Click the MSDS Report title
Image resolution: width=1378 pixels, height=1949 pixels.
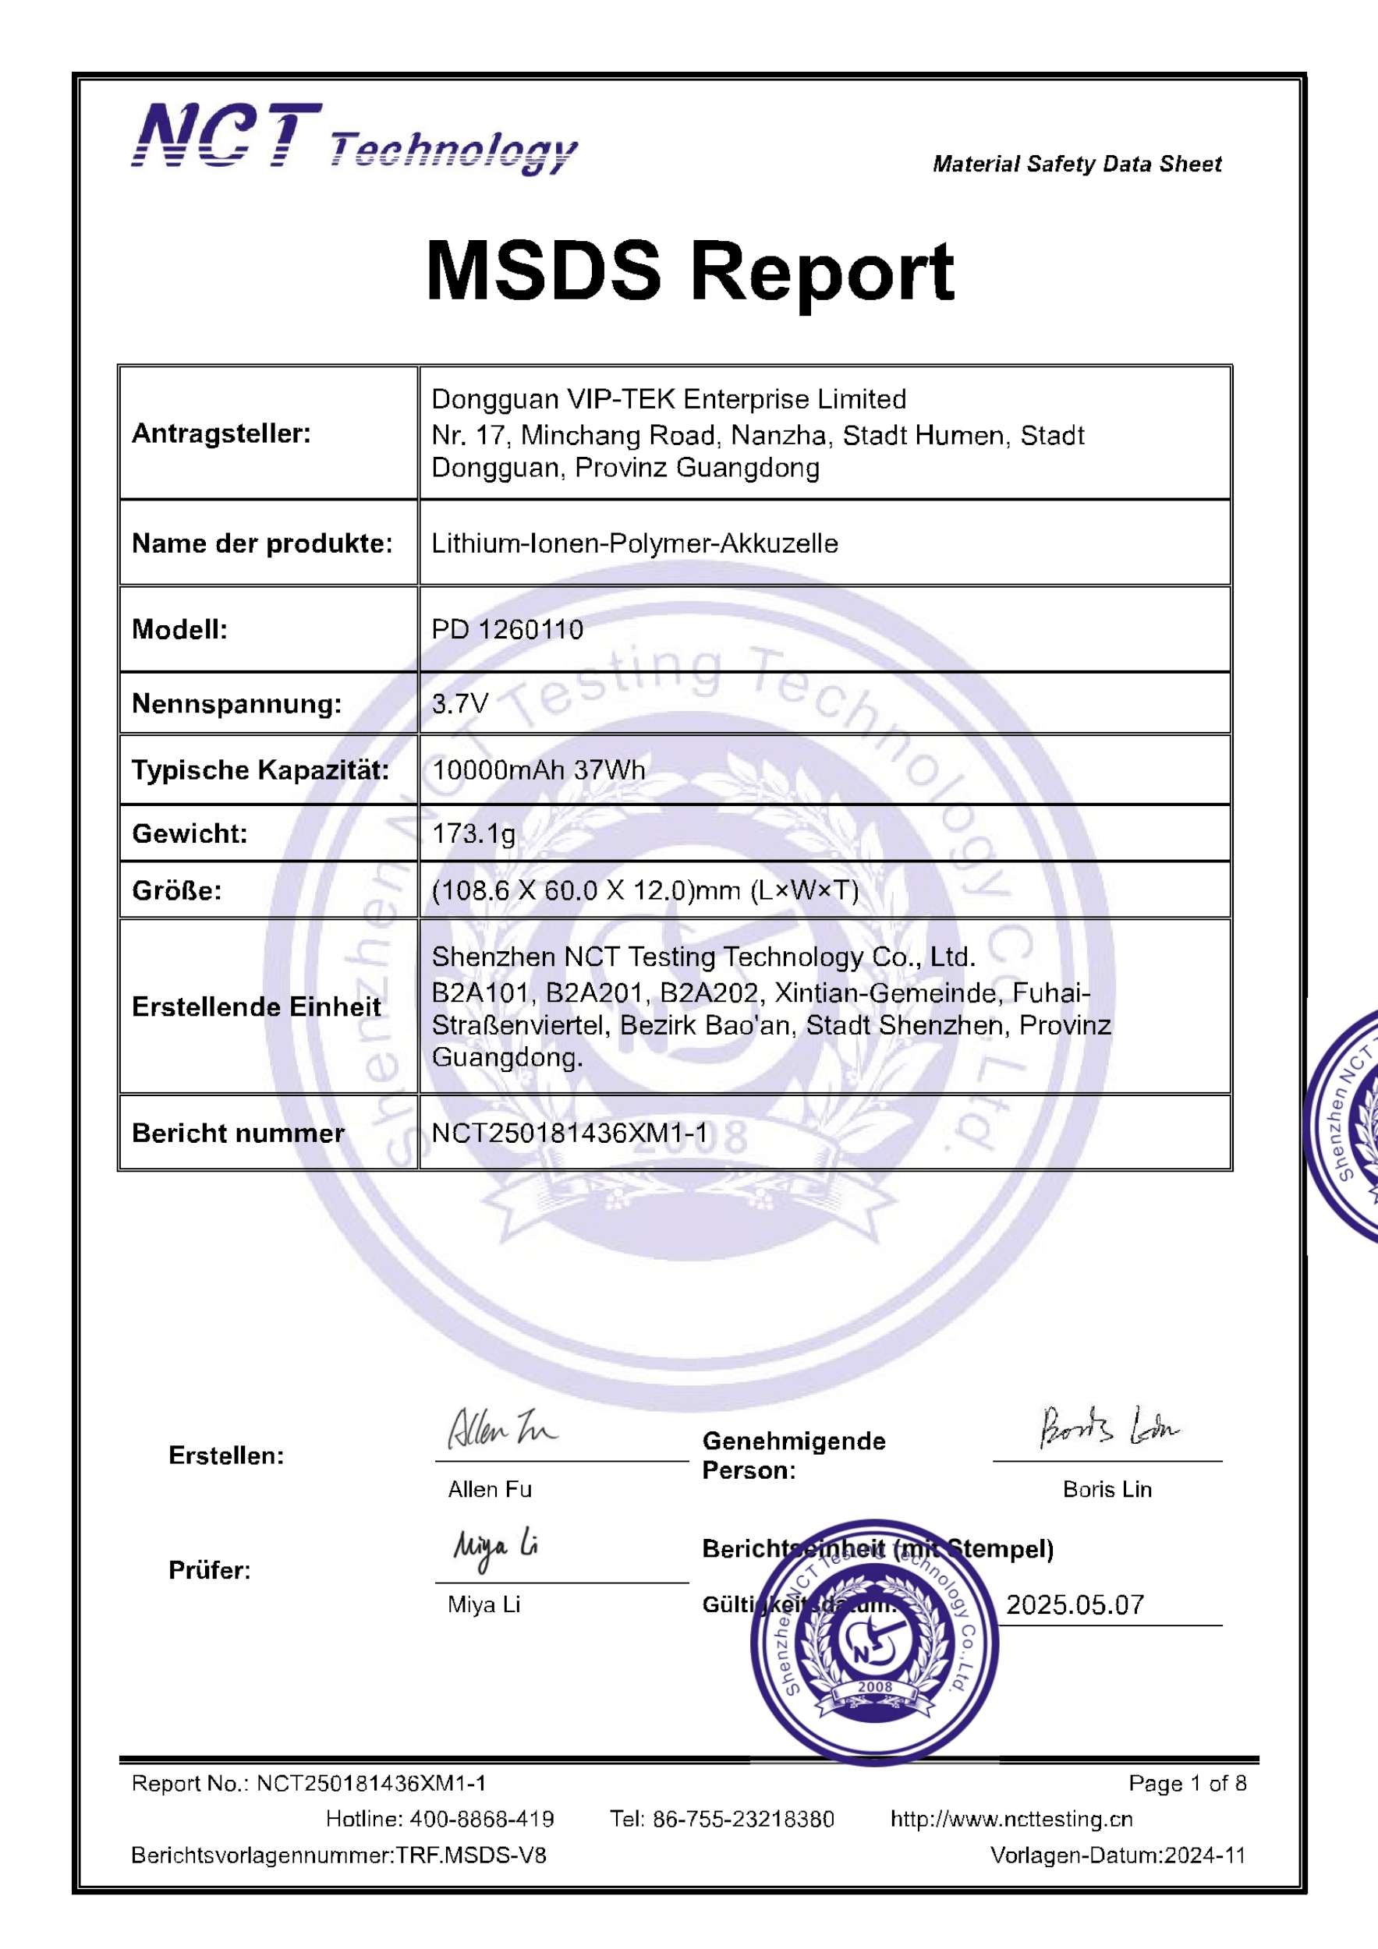click(x=689, y=271)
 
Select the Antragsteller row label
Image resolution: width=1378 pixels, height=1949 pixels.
click(x=221, y=433)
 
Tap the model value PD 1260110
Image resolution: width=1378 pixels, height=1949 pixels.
click(x=507, y=629)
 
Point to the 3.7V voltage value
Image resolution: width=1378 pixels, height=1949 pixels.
click(x=459, y=703)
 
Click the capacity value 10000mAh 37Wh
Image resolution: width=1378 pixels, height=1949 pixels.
click(x=538, y=770)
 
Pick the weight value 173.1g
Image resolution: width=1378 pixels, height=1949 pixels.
click(x=474, y=833)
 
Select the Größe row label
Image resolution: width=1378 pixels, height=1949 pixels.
click(x=176, y=890)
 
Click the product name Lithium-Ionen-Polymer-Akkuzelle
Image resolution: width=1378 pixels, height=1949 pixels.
click(x=634, y=543)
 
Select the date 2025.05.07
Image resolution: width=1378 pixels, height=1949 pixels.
click(x=1075, y=1604)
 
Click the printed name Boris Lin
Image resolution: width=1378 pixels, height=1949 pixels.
click(x=1107, y=1489)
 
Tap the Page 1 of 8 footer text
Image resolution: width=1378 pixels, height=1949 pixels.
click(x=1187, y=1784)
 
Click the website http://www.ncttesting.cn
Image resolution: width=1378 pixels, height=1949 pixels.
click(x=1011, y=1819)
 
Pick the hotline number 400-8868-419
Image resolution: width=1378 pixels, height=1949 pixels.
click(x=481, y=1819)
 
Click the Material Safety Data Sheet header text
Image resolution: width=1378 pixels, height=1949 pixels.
click(x=1077, y=164)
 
